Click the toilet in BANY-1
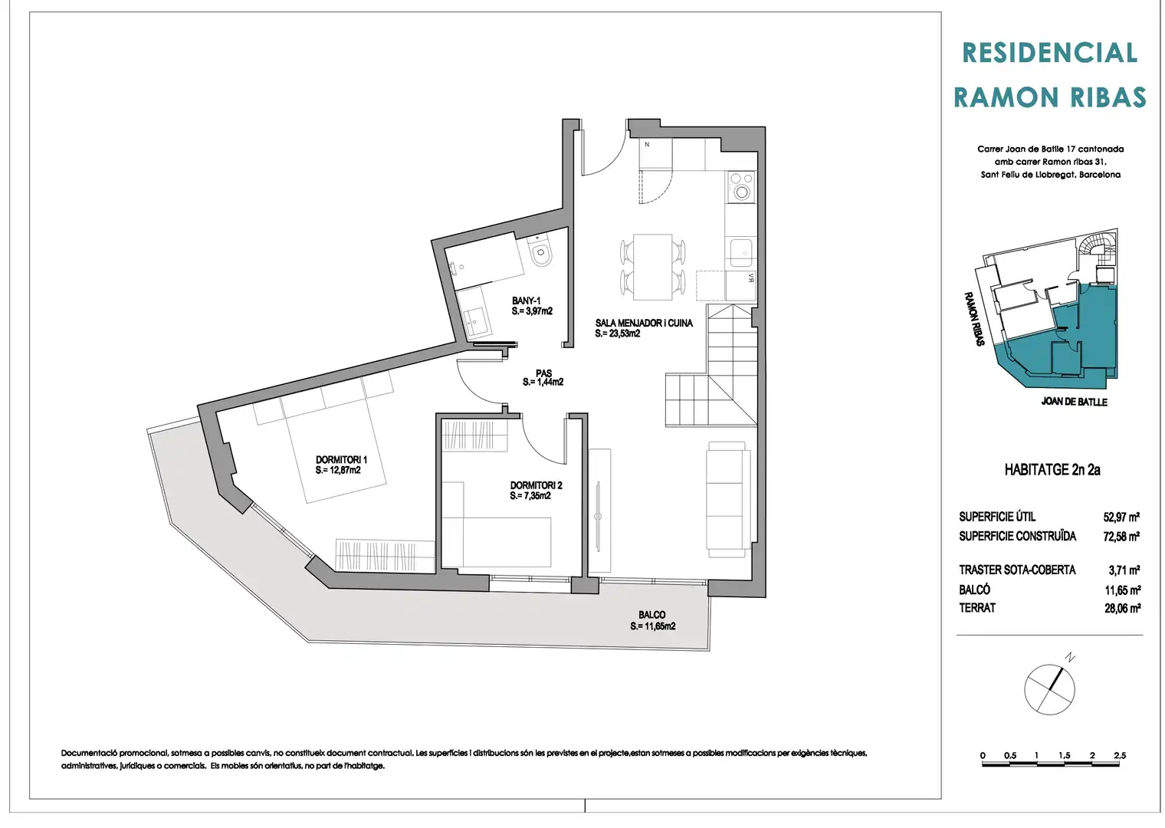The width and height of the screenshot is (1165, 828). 540,251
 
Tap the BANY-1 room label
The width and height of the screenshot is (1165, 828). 526,301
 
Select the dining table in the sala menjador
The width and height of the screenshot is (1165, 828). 652,267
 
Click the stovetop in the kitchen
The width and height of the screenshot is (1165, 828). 741,186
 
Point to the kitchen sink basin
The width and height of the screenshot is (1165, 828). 740,252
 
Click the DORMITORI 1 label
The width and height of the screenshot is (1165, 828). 341,460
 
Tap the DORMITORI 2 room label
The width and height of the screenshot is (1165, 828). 536,485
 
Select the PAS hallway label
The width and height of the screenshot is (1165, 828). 543,373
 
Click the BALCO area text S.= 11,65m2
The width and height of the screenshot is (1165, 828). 653,626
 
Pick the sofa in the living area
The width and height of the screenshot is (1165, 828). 727,499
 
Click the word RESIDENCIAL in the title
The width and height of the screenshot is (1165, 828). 1049,53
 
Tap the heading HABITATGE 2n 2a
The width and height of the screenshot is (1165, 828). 1052,470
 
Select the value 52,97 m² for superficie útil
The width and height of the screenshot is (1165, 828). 1121,517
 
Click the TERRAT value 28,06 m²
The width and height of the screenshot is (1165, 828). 1122,609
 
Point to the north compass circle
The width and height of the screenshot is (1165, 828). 1049,690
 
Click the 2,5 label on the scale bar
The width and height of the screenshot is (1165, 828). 1120,755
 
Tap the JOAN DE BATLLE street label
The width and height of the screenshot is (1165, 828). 1074,402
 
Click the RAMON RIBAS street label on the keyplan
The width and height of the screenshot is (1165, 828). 973,319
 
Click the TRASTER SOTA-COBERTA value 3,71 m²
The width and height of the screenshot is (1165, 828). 1124,570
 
